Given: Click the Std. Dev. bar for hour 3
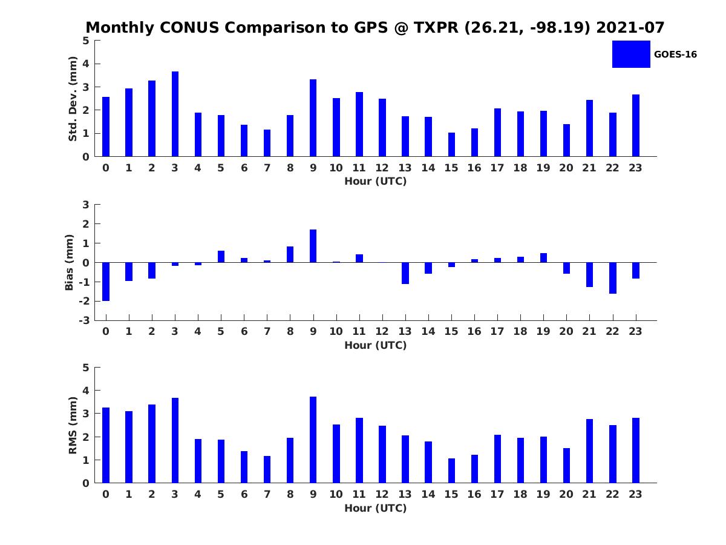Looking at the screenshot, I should click(x=175, y=114).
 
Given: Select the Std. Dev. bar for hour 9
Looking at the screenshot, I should click(x=313, y=118).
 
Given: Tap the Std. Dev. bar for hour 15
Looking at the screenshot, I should click(x=451, y=145).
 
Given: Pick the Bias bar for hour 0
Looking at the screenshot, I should click(x=106, y=282).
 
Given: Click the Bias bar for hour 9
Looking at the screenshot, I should click(x=313, y=246).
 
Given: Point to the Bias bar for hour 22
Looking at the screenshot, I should click(x=613, y=278).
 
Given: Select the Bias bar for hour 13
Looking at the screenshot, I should click(x=405, y=273).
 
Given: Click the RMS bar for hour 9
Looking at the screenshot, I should click(x=313, y=440).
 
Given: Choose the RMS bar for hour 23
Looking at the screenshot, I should click(x=636, y=451).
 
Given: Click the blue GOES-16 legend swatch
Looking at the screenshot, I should click(x=631, y=54).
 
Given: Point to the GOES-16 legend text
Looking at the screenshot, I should click(x=675, y=54).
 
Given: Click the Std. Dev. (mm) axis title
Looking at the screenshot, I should click(x=73, y=99).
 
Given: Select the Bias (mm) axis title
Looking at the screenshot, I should click(x=70, y=262).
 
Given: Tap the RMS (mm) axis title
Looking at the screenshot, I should click(x=73, y=426).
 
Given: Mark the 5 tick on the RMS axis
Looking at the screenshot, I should click(x=87, y=368).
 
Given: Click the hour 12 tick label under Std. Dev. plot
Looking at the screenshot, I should click(x=382, y=168).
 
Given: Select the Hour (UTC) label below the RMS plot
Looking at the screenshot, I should click(x=375, y=508).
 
